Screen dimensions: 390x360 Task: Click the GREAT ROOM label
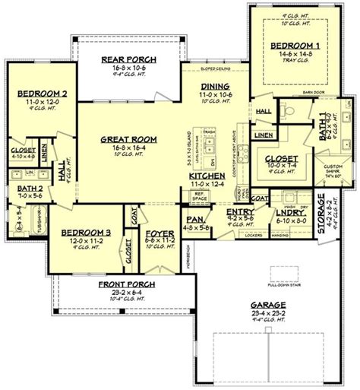click(128, 139)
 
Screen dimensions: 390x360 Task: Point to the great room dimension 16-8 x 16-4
click(128, 147)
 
